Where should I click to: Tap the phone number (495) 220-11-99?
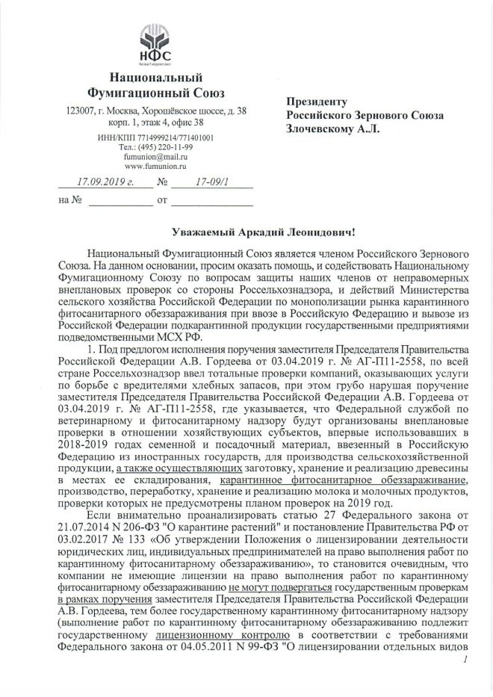point(163,147)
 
